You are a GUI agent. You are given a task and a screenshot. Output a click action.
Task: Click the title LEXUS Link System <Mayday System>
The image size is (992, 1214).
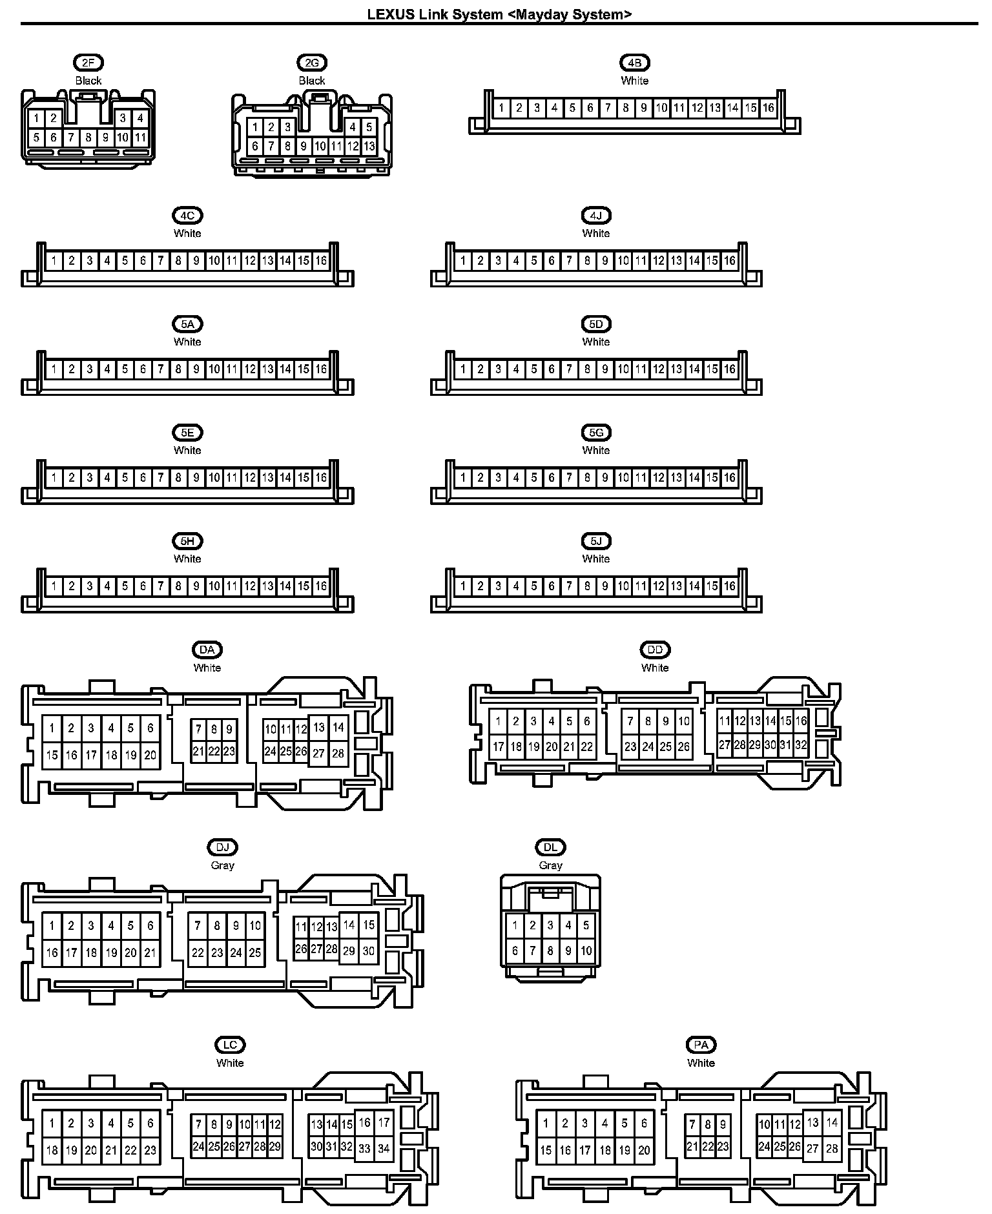499,14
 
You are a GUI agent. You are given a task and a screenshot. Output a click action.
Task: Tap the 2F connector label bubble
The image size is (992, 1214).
88,63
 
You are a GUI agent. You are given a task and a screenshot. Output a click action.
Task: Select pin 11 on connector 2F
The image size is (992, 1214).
140,138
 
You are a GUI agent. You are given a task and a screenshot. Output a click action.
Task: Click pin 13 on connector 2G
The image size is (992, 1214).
369,147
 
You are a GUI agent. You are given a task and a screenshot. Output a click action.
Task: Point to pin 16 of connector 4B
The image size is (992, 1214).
768,108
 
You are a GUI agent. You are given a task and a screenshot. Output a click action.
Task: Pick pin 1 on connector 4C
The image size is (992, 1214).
54,261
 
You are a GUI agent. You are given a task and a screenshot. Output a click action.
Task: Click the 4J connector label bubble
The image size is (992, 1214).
595,216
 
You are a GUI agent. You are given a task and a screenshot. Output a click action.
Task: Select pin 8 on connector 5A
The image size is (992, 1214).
178,369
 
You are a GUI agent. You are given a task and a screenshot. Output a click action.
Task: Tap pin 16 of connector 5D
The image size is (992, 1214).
729,369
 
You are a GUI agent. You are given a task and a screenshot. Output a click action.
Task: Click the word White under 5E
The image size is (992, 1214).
187,450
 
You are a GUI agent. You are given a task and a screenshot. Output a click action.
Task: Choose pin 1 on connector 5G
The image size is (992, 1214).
462,478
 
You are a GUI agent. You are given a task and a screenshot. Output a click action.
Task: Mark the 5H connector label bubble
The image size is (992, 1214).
187,541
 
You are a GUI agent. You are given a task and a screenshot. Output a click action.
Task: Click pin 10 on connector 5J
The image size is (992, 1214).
623,586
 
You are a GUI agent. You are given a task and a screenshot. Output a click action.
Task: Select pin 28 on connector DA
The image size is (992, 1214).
338,753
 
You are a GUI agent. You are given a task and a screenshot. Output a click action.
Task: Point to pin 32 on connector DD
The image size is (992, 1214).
801,745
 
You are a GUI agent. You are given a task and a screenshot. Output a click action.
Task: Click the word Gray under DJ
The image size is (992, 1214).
222,865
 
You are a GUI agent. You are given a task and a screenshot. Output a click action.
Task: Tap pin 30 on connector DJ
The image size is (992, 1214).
368,951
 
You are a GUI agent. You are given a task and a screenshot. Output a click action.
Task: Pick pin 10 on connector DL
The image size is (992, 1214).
586,951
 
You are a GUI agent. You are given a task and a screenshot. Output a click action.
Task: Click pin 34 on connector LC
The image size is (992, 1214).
384,1149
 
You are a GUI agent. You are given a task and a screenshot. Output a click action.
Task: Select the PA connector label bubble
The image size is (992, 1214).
701,1045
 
